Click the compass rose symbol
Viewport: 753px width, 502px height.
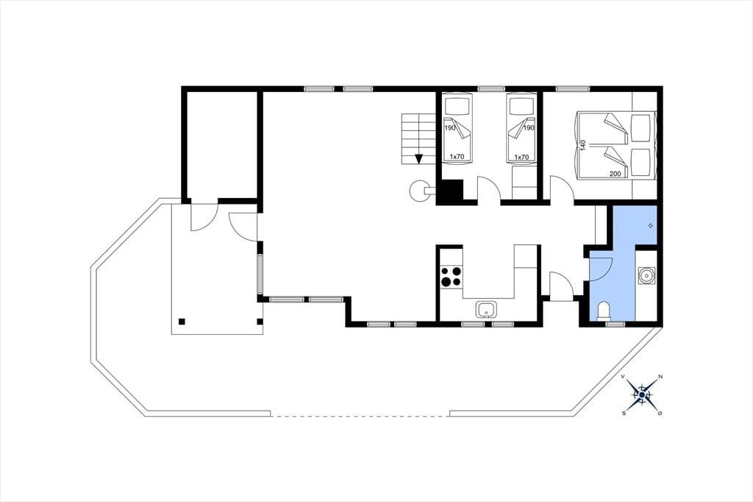tap(642, 395)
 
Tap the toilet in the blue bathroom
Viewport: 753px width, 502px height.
tap(603, 311)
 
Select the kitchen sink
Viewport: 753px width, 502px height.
tap(487, 310)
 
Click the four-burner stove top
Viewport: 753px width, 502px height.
tap(452, 277)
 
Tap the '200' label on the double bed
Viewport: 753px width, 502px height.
tap(615, 174)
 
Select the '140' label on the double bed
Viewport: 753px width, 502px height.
tap(583, 145)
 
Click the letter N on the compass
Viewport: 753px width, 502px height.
tap(660, 377)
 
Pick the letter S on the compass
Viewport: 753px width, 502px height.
tap(624, 413)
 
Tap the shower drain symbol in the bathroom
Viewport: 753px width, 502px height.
tap(651, 225)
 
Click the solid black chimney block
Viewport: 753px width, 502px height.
tap(452, 191)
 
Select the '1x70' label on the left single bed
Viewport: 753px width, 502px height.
tap(457, 157)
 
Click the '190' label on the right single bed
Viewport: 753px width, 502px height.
tap(528, 128)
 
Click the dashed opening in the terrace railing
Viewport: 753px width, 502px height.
tap(360, 416)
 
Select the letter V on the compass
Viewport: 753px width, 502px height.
tap(623, 377)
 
